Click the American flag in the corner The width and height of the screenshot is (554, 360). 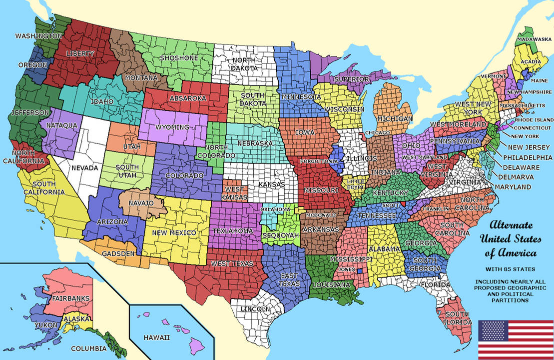(x=515, y=338)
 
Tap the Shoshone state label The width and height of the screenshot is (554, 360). (x=179, y=58)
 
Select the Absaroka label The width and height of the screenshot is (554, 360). (x=188, y=98)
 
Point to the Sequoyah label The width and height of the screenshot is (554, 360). (x=280, y=235)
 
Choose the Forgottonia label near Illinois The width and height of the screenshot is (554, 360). (x=319, y=161)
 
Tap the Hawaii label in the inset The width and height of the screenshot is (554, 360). (x=157, y=337)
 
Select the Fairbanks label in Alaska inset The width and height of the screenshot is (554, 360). (x=70, y=298)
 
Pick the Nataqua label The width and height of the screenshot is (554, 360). (x=61, y=125)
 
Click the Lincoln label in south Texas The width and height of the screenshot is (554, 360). (x=255, y=309)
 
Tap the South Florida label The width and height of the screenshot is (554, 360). (x=457, y=318)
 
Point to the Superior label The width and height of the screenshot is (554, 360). (x=352, y=79)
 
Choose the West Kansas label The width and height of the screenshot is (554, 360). (x=234, y=193)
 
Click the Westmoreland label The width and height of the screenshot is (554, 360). (x=458, y=123)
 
